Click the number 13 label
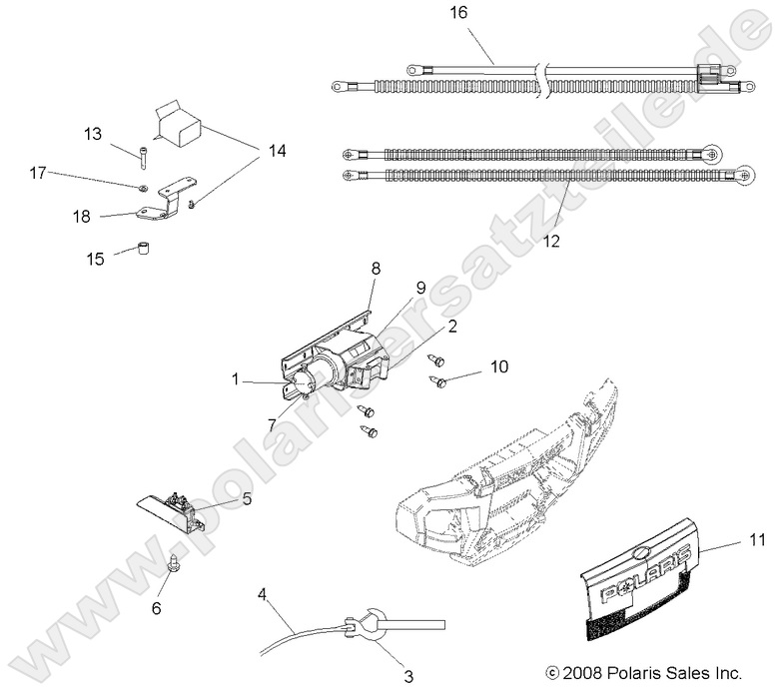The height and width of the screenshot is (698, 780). point(121,133)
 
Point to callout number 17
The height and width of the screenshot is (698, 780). point(38,173)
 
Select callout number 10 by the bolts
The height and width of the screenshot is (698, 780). point(498,367)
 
